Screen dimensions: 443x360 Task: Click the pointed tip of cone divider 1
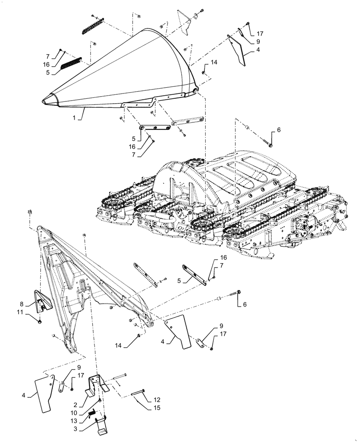[x=45, y=101]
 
